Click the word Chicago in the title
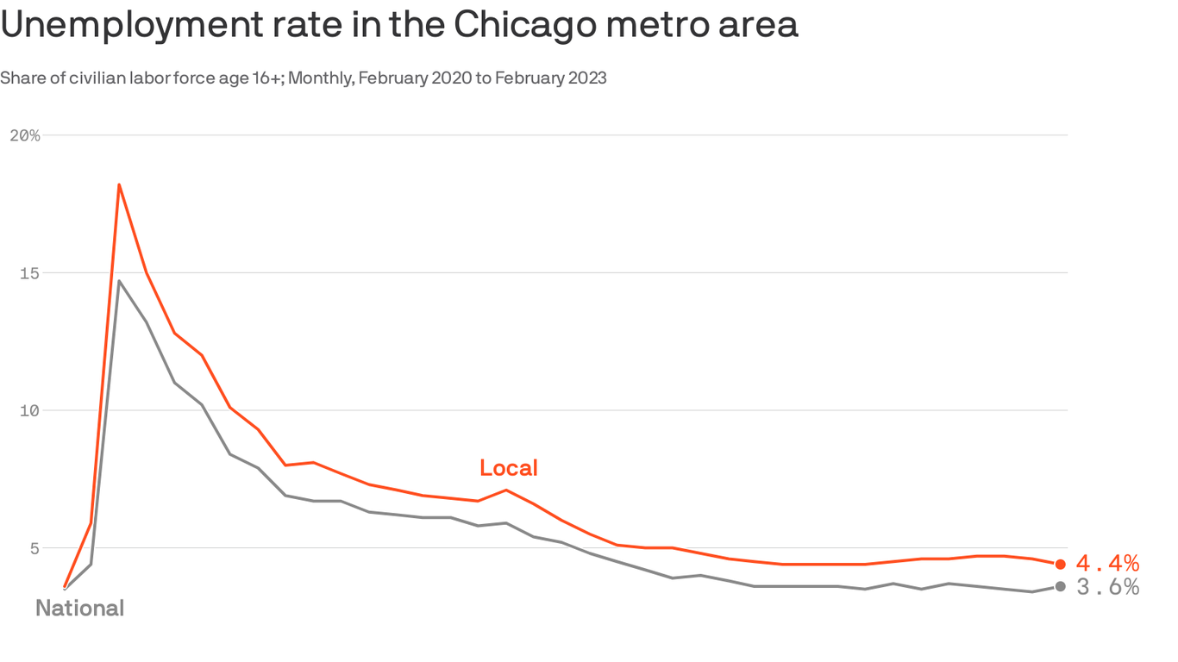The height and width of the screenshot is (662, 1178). [x=524, y=26]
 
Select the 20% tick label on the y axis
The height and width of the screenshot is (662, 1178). [x=24, y=135]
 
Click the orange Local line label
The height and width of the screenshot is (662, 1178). [x=508, y=468]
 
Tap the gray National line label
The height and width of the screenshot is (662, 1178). [x=79, y=609]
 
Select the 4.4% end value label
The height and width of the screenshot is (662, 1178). [x=1107, y=564]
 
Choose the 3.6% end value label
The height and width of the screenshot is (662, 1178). [x=1107, y=587]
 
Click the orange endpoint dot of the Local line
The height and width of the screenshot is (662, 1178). [x=1060, y=564]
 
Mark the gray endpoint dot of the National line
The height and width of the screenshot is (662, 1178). [x=1060, y=586]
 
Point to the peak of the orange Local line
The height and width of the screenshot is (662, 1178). [x=119, y=184]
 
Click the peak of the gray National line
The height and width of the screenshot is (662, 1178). [x=119, y=281]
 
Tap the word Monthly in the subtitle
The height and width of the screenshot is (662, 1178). [x=322, y=78]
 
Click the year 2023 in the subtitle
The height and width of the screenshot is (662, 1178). [x=587, y=78]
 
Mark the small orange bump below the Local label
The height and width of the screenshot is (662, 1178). [x=506, y=490]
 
